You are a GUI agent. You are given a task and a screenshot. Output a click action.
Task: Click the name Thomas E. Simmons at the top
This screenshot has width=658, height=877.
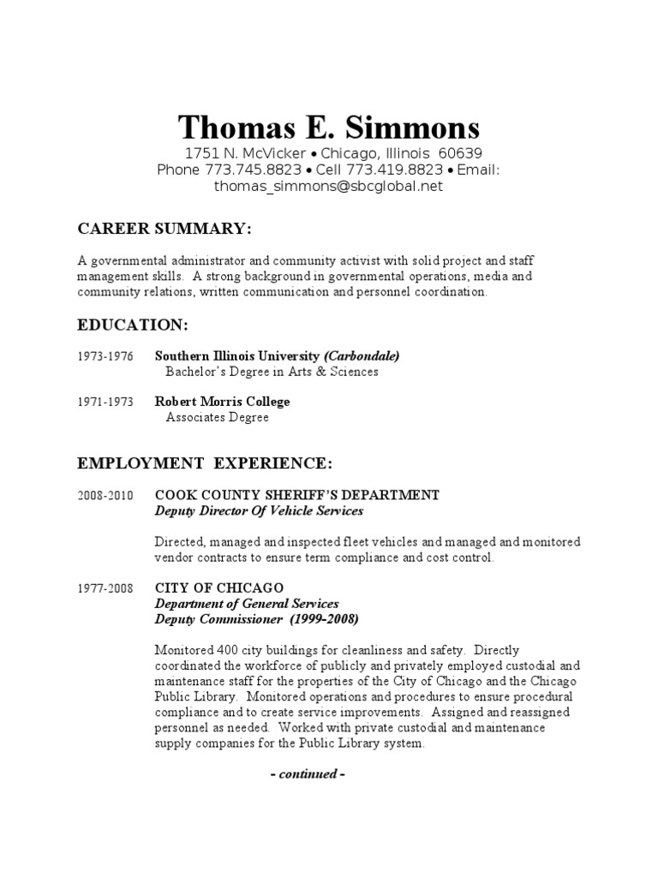click(x=329, y=128)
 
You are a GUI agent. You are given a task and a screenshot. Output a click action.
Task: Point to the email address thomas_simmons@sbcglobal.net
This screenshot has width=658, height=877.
click(x=329, y=186)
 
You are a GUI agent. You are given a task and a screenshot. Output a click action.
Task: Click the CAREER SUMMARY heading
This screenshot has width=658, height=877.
click(x=164, y=230)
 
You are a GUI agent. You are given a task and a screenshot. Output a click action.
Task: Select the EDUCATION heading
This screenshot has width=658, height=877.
click(x=133, y=325)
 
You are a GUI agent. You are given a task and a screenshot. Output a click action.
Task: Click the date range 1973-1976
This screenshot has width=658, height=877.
click(x=105, y=356)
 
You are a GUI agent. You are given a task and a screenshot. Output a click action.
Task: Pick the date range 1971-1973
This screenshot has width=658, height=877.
click(x=105, y=402)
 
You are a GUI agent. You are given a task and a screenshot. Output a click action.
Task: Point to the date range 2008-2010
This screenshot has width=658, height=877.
click(x=105, y=495)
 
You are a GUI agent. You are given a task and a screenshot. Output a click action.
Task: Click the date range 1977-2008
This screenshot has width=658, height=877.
click(x=105, y=588)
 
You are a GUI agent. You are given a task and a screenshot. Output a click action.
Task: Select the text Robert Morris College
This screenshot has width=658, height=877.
click(x=222, y=402)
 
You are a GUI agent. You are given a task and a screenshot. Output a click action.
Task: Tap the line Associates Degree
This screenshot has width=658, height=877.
click(x=217, y=418)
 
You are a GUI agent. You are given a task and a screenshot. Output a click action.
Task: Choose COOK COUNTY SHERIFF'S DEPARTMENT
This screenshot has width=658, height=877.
click(x=296, y=495)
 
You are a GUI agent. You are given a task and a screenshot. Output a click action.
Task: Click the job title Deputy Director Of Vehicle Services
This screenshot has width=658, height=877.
click(x=259, y=511)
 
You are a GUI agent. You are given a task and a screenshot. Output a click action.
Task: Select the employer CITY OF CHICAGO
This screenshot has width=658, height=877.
click(x=218, y=588)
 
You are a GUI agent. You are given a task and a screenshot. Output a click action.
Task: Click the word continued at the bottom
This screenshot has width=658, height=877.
click(x=307, y=774)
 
